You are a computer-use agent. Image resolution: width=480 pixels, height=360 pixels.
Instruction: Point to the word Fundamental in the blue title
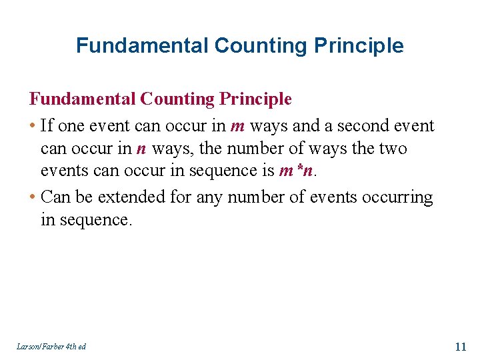point(143,45)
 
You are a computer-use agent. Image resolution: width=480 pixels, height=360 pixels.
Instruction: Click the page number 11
point(460,346)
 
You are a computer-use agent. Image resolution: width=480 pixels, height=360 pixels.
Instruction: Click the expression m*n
point(296,171)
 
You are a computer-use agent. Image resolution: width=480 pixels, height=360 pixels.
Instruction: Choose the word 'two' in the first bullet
point(393,149)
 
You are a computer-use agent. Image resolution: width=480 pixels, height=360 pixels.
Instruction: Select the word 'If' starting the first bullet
point(47,126)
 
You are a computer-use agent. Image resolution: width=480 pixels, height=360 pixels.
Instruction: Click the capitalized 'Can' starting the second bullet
point(55,198)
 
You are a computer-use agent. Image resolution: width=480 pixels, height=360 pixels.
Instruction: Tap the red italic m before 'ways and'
point(237,127)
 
